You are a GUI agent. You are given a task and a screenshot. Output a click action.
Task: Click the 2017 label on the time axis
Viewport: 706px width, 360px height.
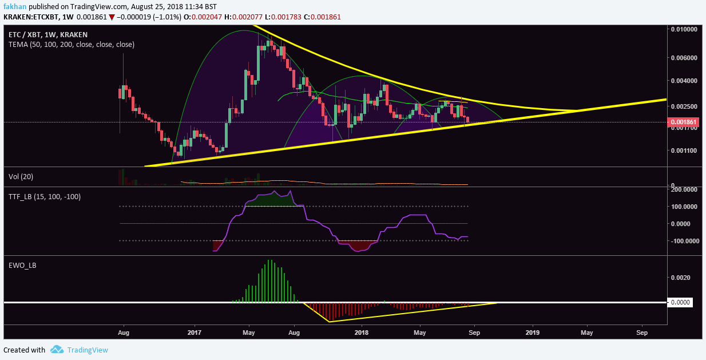pos(195,331)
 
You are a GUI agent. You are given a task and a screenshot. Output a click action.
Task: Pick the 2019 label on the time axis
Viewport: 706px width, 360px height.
pos(533,331)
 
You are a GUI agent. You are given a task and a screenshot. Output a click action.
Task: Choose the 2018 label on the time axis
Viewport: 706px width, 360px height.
pos(362,331)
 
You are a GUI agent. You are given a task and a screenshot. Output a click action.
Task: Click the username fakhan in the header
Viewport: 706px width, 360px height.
pos(14,7)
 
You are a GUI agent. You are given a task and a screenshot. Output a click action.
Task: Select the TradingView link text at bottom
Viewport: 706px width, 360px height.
pos(88,350)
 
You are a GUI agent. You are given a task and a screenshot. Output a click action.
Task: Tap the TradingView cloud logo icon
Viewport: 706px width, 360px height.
pos(56,350)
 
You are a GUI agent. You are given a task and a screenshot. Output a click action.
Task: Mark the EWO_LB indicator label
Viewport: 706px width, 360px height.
pos(23,266)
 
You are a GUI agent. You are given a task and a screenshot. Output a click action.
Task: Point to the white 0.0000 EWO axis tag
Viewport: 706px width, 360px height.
pos(680,302)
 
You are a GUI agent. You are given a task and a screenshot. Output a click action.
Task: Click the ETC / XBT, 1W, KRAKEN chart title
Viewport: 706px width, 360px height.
pos(47,34)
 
